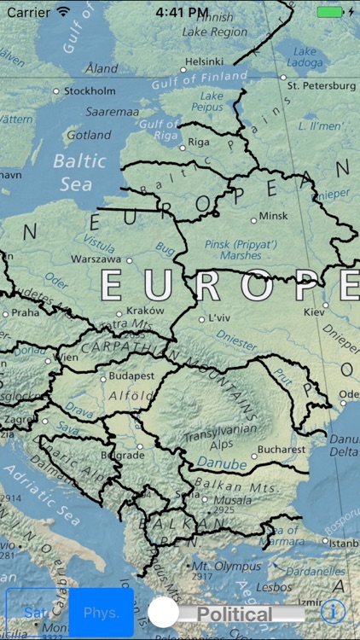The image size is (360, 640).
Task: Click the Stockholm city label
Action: click(x=90, y=90)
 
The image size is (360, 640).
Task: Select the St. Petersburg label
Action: click(x=320, y=85)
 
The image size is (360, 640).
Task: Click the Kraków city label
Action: click(x=144, y=311)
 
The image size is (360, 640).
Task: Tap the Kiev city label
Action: click(x=314, y=312)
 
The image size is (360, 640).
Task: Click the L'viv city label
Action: click(x=220, y=317)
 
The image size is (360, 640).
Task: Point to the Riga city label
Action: click(x=198, y=142)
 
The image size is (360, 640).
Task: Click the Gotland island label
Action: click(x=89, y=135)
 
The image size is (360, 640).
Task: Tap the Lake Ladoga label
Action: click(x=305, y=57)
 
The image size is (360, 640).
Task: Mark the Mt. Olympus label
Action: click(x=224, y=565)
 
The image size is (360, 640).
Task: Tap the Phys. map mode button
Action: click(x=102, y=613)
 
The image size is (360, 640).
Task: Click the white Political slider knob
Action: click(x=164, y=613)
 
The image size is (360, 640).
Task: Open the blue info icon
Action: click(x=334, y=611)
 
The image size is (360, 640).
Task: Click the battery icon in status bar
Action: click(x=329, y=12)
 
